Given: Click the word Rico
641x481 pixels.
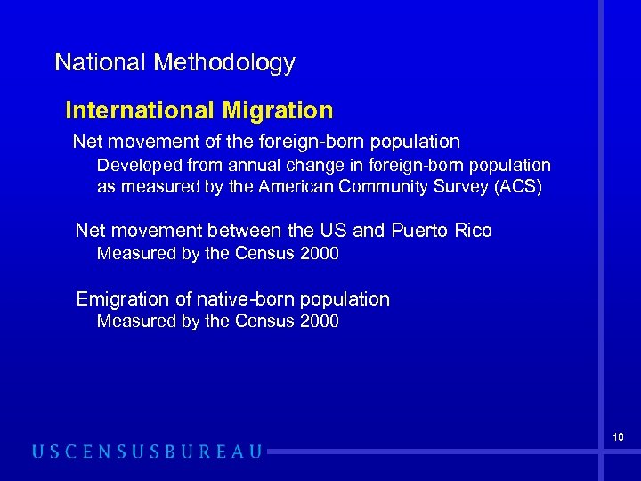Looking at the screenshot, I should [472, 231].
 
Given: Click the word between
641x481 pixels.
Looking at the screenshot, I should [243, 231].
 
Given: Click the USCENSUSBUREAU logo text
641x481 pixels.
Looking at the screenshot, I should [148, 452].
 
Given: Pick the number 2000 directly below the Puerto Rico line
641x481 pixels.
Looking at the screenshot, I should [320, 254].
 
